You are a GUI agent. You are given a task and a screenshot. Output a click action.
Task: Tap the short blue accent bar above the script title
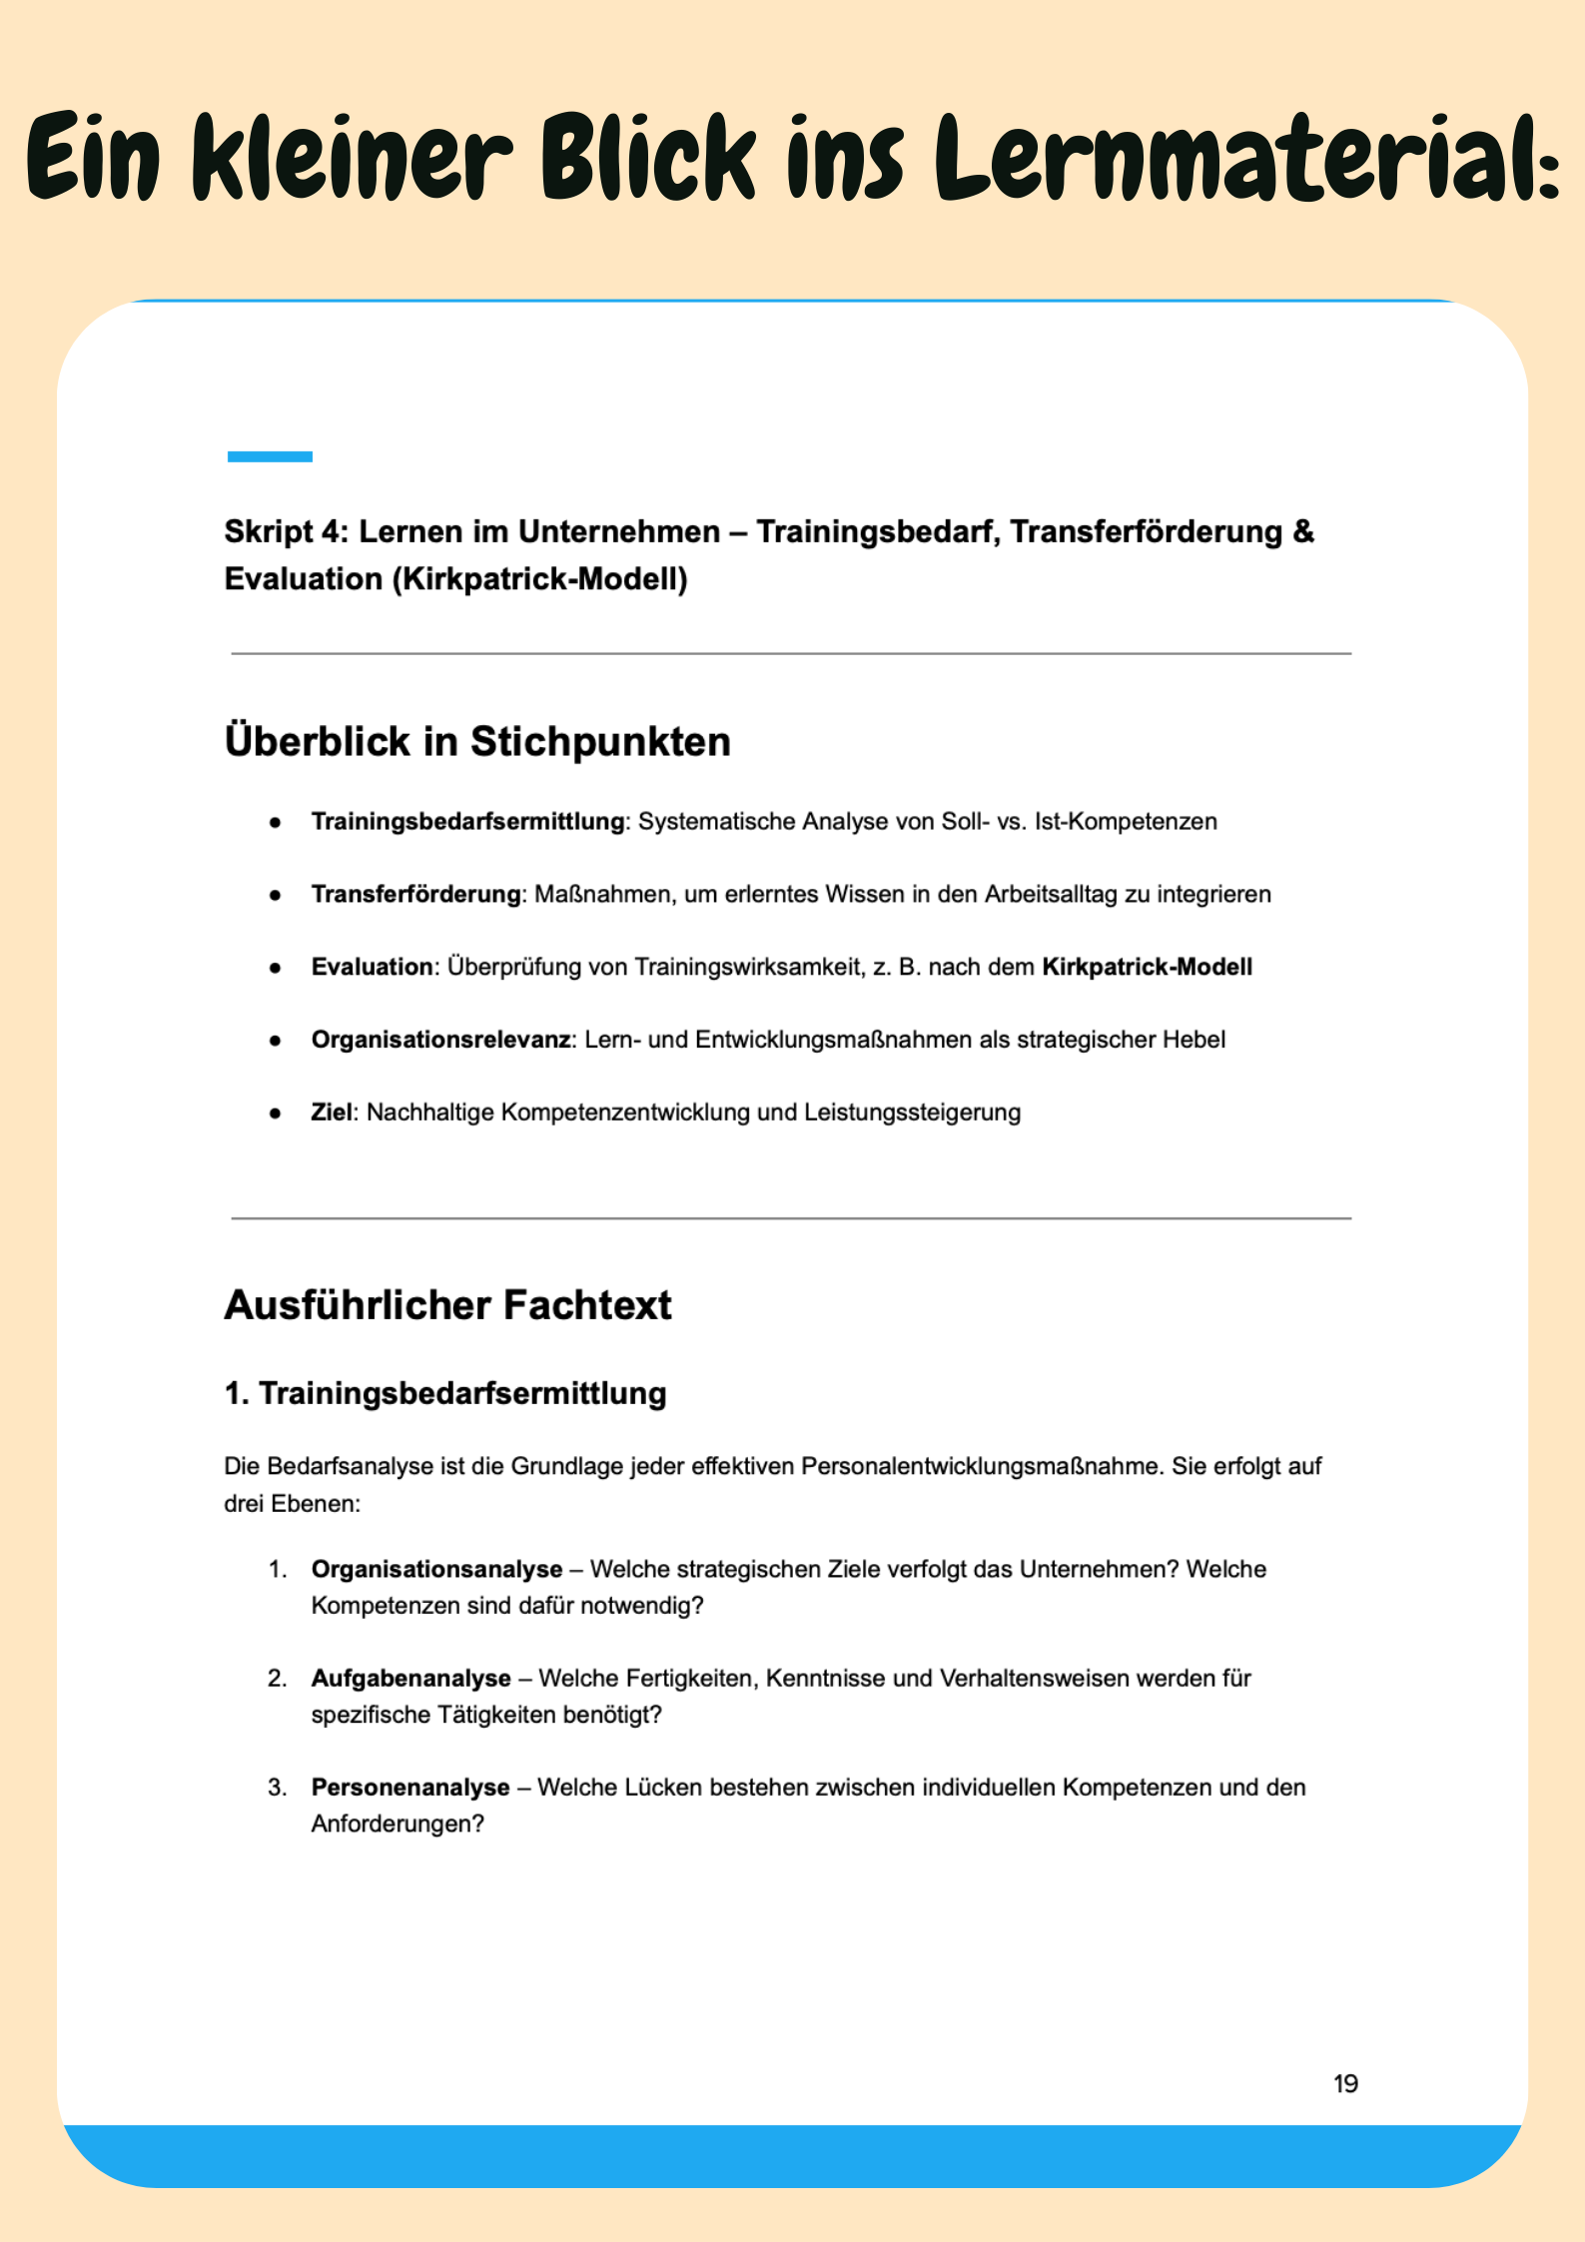point(270,456)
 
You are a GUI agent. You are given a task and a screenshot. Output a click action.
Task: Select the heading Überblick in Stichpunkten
point(477,741)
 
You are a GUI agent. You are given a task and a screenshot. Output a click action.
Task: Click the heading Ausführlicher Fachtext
point(447,1304)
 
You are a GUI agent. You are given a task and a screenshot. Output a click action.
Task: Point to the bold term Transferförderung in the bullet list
point(415,894)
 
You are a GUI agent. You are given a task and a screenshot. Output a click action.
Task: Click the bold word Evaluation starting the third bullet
point(372,967)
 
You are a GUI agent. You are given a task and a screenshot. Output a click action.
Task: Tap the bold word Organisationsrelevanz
point(440,1040)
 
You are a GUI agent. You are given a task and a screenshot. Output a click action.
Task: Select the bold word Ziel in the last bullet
point(332,1113)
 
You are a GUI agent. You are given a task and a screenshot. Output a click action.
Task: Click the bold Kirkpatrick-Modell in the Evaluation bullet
point(1147,967)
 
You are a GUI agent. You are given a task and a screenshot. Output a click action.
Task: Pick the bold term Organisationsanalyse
point(436,1569)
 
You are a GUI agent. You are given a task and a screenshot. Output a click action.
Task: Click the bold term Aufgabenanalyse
point(410,1678)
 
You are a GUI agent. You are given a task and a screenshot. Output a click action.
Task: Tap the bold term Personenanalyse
point(410,1787)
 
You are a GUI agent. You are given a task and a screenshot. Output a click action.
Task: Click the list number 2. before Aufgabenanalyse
point(277,1678)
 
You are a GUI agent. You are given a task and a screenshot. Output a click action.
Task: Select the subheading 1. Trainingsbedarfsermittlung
point(444,1393)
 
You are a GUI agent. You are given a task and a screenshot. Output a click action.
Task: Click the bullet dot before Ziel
point(275,1114)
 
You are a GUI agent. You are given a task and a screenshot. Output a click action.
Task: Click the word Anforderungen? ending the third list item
point(397,1824)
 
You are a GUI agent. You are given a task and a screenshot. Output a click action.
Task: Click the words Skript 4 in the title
point(284,531)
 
